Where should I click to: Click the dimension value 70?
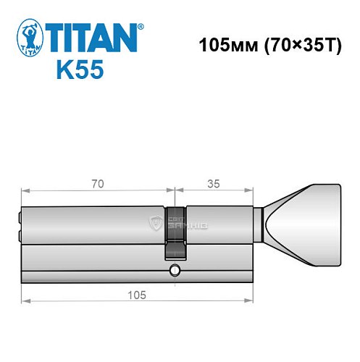[98, 184]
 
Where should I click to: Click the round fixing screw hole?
[174, 273]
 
